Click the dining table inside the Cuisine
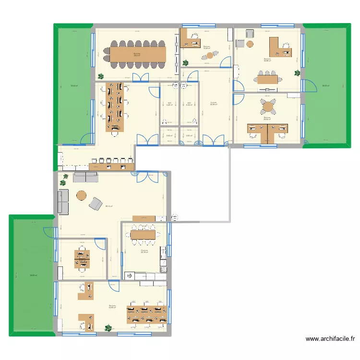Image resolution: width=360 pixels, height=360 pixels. coord(144,235)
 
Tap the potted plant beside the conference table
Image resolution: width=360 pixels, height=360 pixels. coord(101,76)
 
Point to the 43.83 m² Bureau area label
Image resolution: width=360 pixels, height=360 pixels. coord(112,307)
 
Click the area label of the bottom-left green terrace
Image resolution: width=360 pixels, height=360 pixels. coord(32,275)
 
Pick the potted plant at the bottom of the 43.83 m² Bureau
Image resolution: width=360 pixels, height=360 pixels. coord(108,328)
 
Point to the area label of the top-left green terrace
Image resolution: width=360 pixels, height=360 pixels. coord(74,86)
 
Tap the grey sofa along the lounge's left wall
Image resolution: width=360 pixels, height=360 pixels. coord(63,201)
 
